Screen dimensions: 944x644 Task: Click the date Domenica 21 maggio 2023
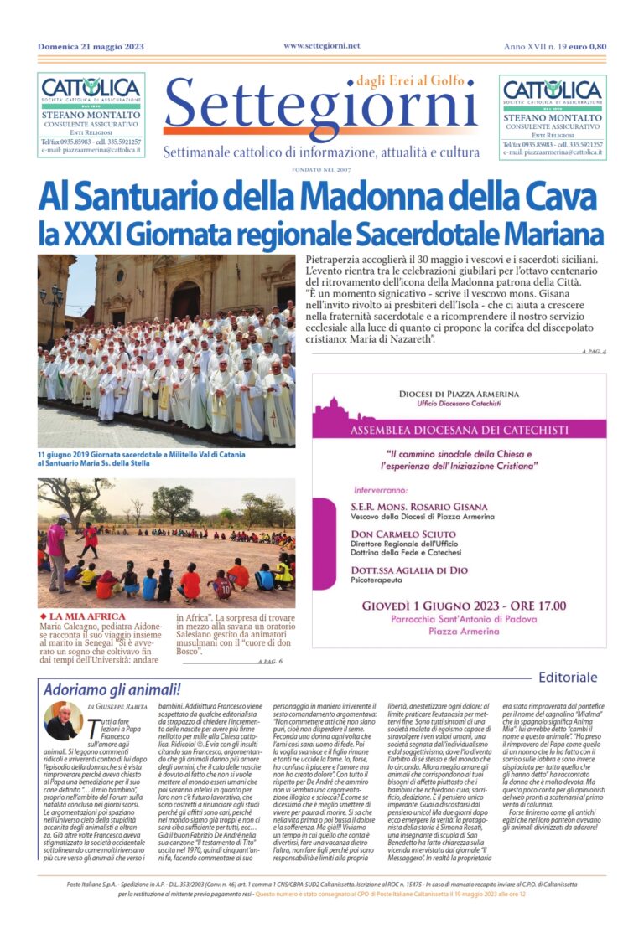pos(91,46)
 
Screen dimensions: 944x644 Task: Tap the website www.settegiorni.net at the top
pos(321,45)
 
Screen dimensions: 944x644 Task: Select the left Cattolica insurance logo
pos(91,89)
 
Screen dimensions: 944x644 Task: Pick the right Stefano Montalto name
pos(553,118)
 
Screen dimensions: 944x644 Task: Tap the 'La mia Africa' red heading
pos(86,616)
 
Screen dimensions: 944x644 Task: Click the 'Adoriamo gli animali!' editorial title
pos(112,690)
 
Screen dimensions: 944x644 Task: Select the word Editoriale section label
pos(568,677)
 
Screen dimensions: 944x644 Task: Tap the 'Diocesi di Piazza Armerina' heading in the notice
pos(458,394)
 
